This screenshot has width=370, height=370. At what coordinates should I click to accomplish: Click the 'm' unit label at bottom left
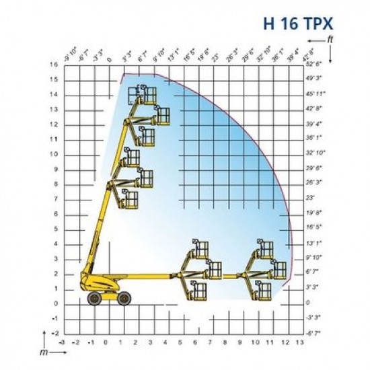(x=43, y=352)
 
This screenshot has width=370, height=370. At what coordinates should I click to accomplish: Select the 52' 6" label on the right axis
(x=314, y=65)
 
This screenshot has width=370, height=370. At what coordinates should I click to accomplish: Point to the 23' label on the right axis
(x=310, y=198)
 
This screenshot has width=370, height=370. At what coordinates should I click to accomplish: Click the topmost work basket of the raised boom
(x=147, y=94)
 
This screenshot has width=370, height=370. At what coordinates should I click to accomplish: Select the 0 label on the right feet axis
(x=308, y=303)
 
